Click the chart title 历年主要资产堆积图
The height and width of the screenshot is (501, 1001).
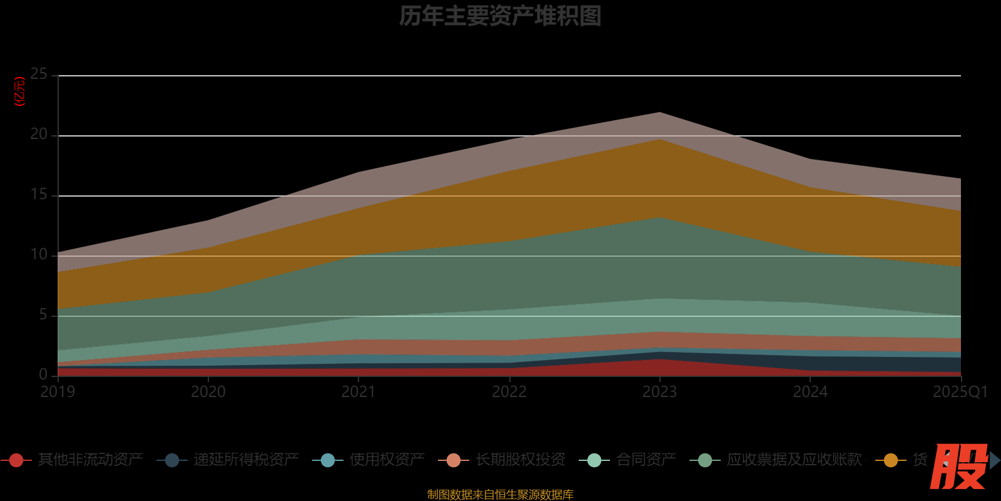click(500, 16)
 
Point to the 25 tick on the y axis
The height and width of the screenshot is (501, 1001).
click(39, 75)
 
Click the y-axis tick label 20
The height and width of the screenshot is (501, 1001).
click(39, 135)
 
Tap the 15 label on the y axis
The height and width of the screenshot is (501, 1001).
click(39, 195)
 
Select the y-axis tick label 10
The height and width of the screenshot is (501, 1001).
click(39, 255)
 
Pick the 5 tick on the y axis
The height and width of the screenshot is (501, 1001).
click(43, 315)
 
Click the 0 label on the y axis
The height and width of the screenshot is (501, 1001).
click(43, 374)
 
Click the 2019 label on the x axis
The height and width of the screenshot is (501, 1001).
click(58, 392)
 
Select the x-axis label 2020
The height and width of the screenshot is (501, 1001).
click(208, 392)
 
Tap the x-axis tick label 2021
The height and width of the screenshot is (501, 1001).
click(358, 392)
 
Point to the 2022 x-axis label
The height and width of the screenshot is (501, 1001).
click(509, 392)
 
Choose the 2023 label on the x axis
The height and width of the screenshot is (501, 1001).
click(659, 392)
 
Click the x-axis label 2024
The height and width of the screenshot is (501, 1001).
click(810, 392)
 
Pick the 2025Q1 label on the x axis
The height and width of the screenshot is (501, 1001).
click(960, 392)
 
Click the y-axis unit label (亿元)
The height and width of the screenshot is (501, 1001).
click(20, 91)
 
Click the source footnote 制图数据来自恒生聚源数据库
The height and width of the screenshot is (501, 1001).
click(500, 495)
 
